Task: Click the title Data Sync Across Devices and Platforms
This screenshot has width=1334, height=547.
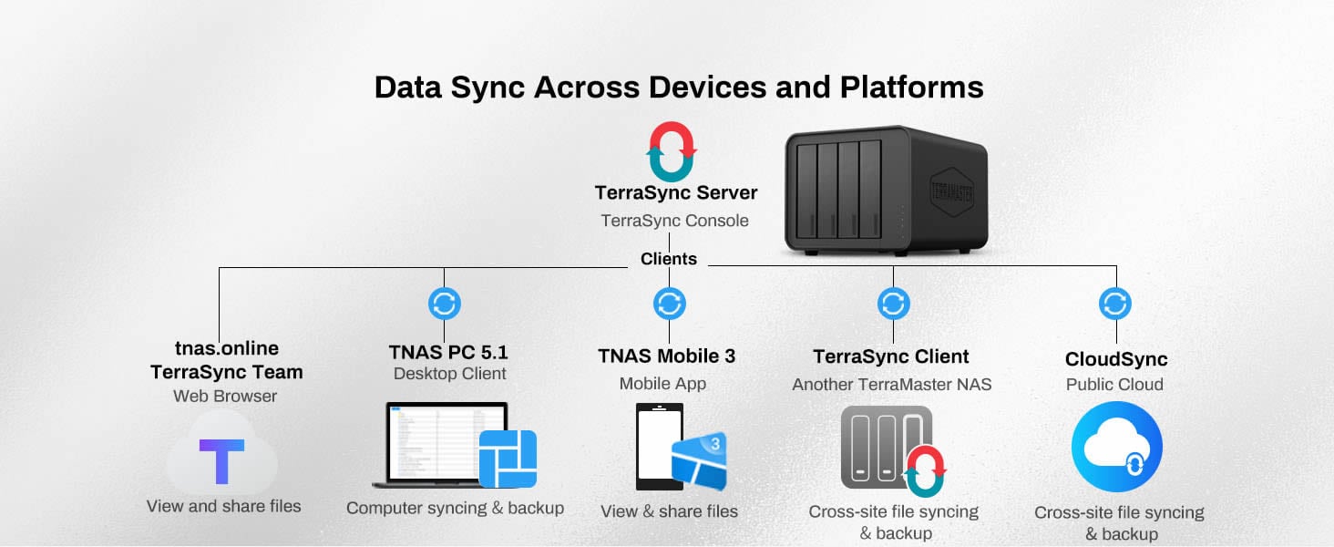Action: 679,88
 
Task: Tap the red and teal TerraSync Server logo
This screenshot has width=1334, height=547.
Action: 672,151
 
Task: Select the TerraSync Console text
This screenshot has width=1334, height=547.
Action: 674,221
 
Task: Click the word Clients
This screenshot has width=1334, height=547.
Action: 669,259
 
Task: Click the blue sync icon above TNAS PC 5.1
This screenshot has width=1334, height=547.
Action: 445,304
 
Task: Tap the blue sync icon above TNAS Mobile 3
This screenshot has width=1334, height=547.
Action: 670,304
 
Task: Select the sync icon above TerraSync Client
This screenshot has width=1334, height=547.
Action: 893,304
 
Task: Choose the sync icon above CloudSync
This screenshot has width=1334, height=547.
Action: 1115,304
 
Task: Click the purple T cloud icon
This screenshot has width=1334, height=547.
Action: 222,460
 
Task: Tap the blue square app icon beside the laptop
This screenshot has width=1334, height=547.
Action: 508,459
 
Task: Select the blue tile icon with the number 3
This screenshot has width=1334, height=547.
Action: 700,461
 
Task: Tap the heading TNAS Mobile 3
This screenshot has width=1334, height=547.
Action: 666,356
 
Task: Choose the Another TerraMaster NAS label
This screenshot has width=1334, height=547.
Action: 891,385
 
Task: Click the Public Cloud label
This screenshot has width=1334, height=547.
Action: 1114,385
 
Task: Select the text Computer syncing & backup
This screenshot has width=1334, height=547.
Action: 455,508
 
